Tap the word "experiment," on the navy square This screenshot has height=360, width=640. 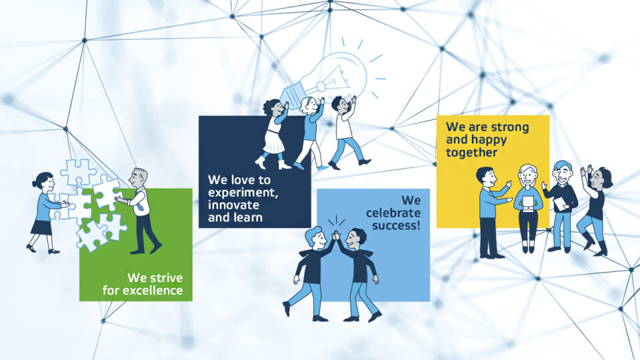[x=243, y=192]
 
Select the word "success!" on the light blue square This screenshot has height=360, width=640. [x=396, y=225]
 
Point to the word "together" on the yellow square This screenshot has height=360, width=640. [x=471, y=153]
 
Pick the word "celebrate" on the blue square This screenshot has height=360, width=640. [x=393, y=213]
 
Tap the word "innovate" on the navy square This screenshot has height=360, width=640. [x=233, y=205]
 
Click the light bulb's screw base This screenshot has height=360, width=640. [x=293, y=91]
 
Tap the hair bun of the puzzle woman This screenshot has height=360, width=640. [x=34, y=184]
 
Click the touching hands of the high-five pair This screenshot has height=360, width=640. [x=336, y=235]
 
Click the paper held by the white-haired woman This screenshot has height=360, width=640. [x=528, y=203]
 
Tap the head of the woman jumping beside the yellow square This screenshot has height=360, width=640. [x=601, y=178]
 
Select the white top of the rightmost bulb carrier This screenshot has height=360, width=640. [x=343, y=126]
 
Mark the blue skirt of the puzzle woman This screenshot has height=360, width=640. [x=41, y=227]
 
